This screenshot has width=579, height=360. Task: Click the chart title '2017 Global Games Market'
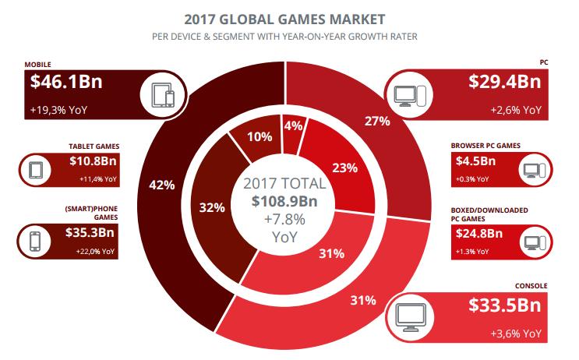[289, 17]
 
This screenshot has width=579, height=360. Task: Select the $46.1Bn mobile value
[66, 82]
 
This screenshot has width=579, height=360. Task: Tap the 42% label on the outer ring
[161, 185]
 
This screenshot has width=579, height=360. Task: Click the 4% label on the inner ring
[293, 125]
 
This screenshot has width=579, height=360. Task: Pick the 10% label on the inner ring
[259, 136]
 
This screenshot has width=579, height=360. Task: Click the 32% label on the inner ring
[212, 207]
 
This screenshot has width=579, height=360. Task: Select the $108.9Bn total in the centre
[284, 201]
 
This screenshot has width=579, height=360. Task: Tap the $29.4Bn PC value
[504, 82]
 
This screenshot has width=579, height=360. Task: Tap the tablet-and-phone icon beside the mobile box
[164, 97]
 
